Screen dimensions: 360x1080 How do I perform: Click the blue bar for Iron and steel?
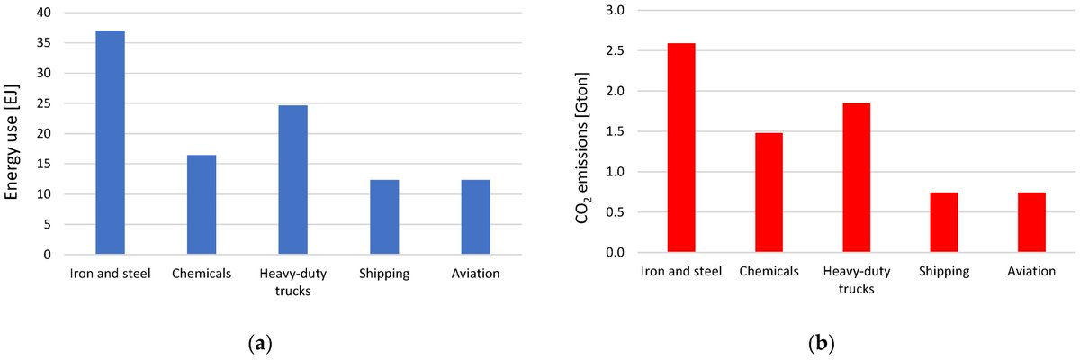pyautogui.click(x=110, y=143)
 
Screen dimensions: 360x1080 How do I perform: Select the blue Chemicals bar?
pyautogui.click(x=202, y=205)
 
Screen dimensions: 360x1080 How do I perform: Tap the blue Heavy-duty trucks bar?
pyautogui.click(x=292, y=180)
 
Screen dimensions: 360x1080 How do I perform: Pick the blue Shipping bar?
pyautogui.click(x=384, y=217)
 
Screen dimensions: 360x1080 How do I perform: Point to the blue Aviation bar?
pyautogui.click(x=475, y=217)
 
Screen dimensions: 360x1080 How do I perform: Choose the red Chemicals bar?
pyautogui.click(x=769, y=193)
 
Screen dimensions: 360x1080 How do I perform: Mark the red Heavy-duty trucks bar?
pyautogui.click(x=857, y=178)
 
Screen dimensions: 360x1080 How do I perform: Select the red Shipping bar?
pyautogui.click(x=944, y=222)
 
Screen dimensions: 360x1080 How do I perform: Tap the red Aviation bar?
pyautogui.click(x=1031, y=222)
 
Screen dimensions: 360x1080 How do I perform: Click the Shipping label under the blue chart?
pyautogui.click(x=384, y=274)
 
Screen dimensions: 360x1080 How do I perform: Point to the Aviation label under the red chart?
pyautogui.click(x=1031, y=271)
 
